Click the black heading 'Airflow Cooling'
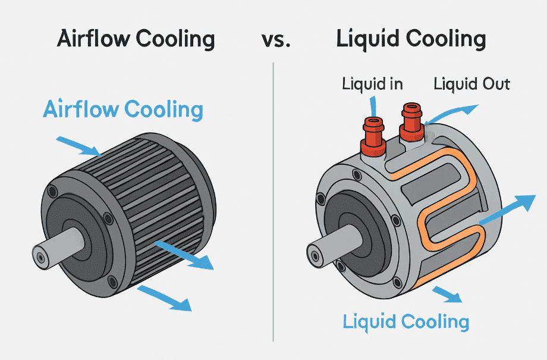[x=136, y=39]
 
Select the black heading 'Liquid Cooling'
[x=411, y=39]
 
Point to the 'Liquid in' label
[x=372, y=83]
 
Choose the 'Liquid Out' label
[x=471, y=83]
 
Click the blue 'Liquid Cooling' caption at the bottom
[x=406, y=322]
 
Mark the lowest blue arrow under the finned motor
[x=166, y=297]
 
